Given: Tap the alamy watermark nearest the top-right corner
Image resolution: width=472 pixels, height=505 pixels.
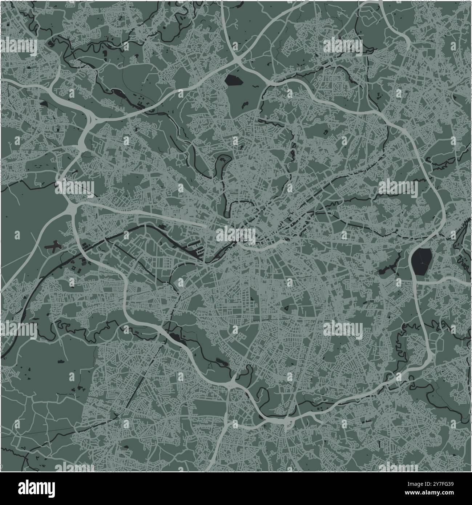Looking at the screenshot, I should click(x=343, y=46).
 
